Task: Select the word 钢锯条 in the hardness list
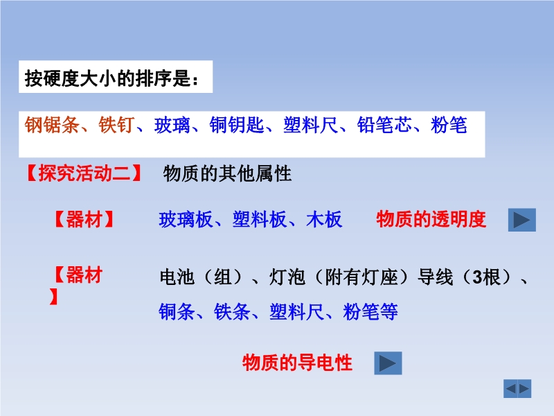[51, 125]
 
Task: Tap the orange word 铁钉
[116, 125]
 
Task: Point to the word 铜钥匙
[237, 125]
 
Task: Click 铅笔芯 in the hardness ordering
[384, 125]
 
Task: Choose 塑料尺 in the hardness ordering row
[310, 125]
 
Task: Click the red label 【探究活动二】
[84, 173]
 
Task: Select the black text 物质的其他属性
[227, 173]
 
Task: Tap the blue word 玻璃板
[186, 219]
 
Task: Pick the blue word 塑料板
[260, 219]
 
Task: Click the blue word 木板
[324, 219]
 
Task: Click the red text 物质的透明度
[431, 219]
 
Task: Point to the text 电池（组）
[202, 277]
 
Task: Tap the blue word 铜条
[177, 311]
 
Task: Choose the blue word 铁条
[232, 311]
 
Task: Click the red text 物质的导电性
[298, 363]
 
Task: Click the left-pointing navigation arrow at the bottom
[510, 389]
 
